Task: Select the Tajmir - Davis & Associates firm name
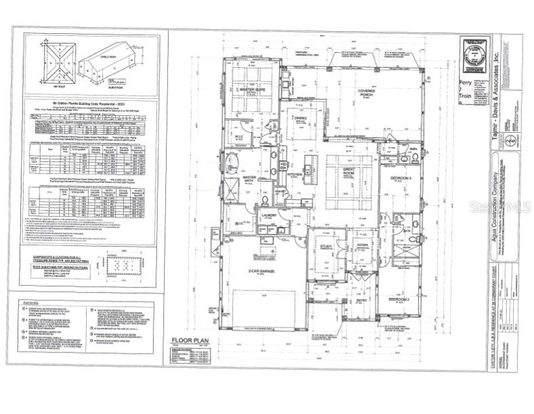503,81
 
